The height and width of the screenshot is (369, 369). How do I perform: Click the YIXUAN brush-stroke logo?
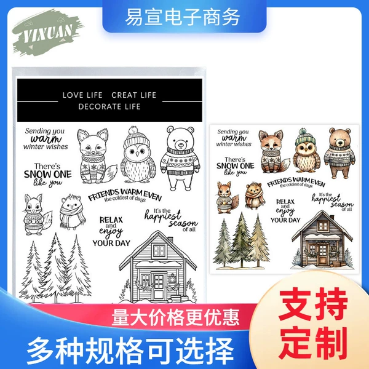[47, 33]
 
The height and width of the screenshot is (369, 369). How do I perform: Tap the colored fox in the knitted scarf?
[273, 151]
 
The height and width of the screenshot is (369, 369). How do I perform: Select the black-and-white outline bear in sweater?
[180, 158]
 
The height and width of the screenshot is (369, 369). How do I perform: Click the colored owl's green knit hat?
[306, 137]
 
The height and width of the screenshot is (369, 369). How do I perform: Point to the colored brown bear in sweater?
[339, 153]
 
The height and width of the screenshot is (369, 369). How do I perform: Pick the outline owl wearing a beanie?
[138, 155]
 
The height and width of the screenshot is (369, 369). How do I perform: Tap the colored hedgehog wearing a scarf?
[254, 196]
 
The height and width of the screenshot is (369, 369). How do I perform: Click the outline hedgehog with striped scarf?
[72, 212]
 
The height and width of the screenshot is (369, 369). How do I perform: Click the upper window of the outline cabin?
[159, 250]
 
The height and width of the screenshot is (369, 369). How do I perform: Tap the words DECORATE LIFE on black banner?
[109, 106]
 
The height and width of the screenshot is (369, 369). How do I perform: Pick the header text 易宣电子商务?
[183, 17]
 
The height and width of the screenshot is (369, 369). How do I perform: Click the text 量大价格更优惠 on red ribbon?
[175, 317]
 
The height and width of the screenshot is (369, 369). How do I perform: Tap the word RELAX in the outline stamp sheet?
[111, 220]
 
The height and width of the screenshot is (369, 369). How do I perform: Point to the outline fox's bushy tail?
[111, 173]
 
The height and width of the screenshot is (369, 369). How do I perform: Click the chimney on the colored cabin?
[332, 218]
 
